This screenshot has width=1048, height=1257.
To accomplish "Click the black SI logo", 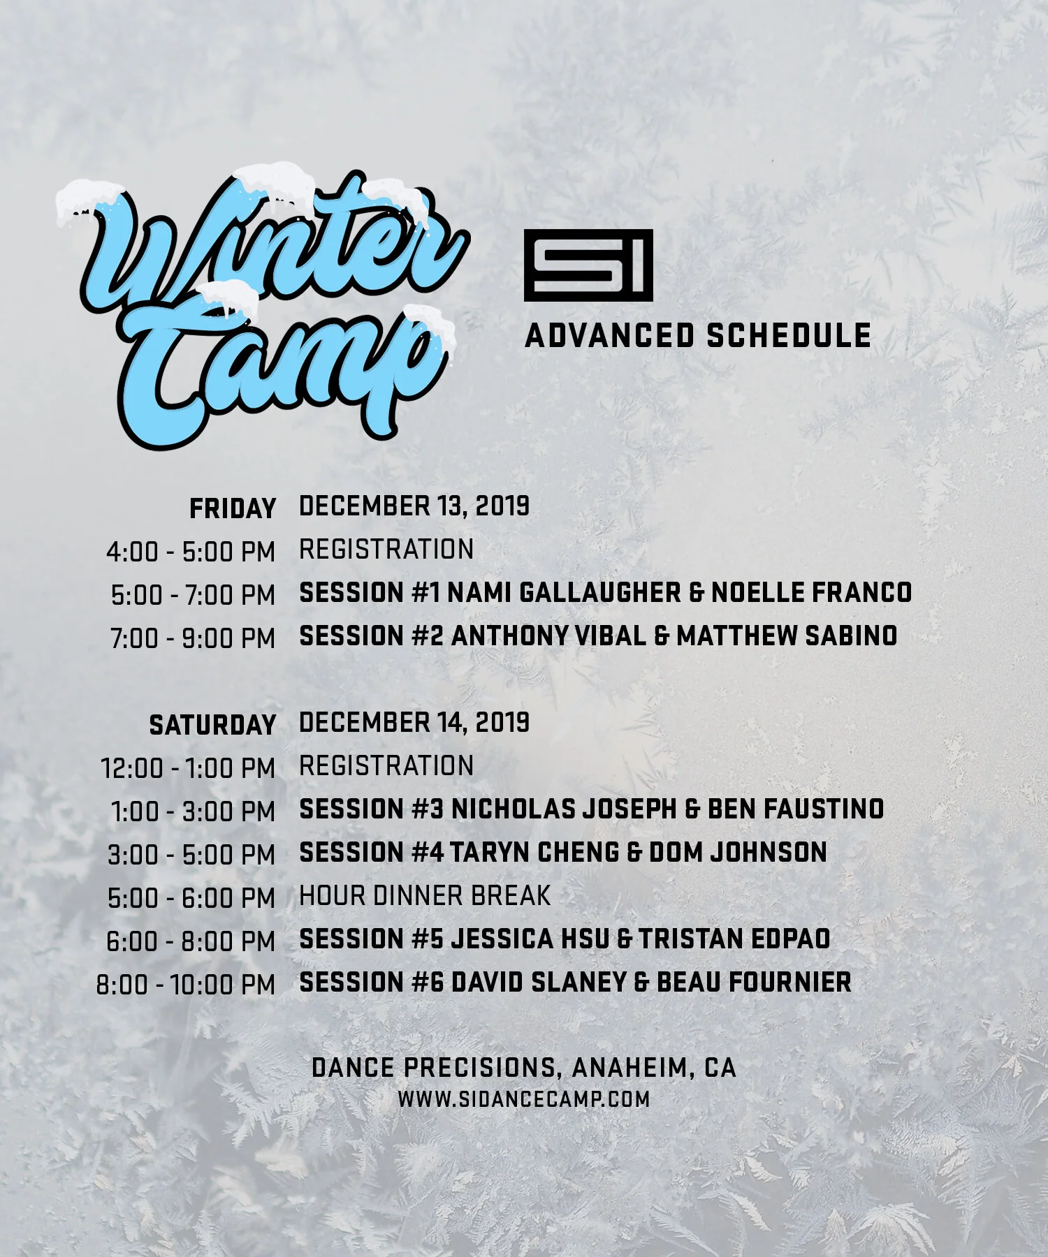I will (x=588, y=265).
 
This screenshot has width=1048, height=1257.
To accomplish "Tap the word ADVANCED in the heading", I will (x=609, y=336).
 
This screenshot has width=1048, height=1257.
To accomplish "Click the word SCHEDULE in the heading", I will (x=789, y=336).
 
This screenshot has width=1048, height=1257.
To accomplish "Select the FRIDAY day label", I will (x=233, y=508).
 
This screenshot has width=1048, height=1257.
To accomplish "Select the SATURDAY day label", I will (x=212, y=725).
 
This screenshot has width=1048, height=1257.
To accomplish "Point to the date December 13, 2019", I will (x=414, y=506).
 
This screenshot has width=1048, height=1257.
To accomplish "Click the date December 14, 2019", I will (x=414, y=722).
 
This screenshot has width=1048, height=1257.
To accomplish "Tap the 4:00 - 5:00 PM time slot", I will (x=191, y=552).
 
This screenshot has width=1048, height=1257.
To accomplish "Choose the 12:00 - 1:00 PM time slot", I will (x=188, y=768).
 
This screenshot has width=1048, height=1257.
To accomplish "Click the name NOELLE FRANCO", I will (x=811, y=592).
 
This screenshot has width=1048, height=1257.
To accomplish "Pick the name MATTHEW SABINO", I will (x=787, y=635).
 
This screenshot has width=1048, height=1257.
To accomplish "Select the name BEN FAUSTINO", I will (x=796, y=809).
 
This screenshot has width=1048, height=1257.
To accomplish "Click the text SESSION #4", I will (x=371, y=852).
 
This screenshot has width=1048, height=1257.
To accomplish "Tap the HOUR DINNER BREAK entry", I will (x=425, y=895).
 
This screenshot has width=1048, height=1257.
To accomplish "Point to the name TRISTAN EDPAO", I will (x=734, y=939).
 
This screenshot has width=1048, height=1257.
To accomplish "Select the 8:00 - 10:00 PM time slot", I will (x=186, y=985).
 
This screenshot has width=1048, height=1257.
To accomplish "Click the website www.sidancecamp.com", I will (x=524, y=1099).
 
